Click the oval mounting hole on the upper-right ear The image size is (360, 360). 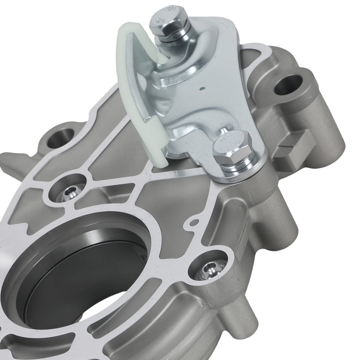(288, 84)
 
